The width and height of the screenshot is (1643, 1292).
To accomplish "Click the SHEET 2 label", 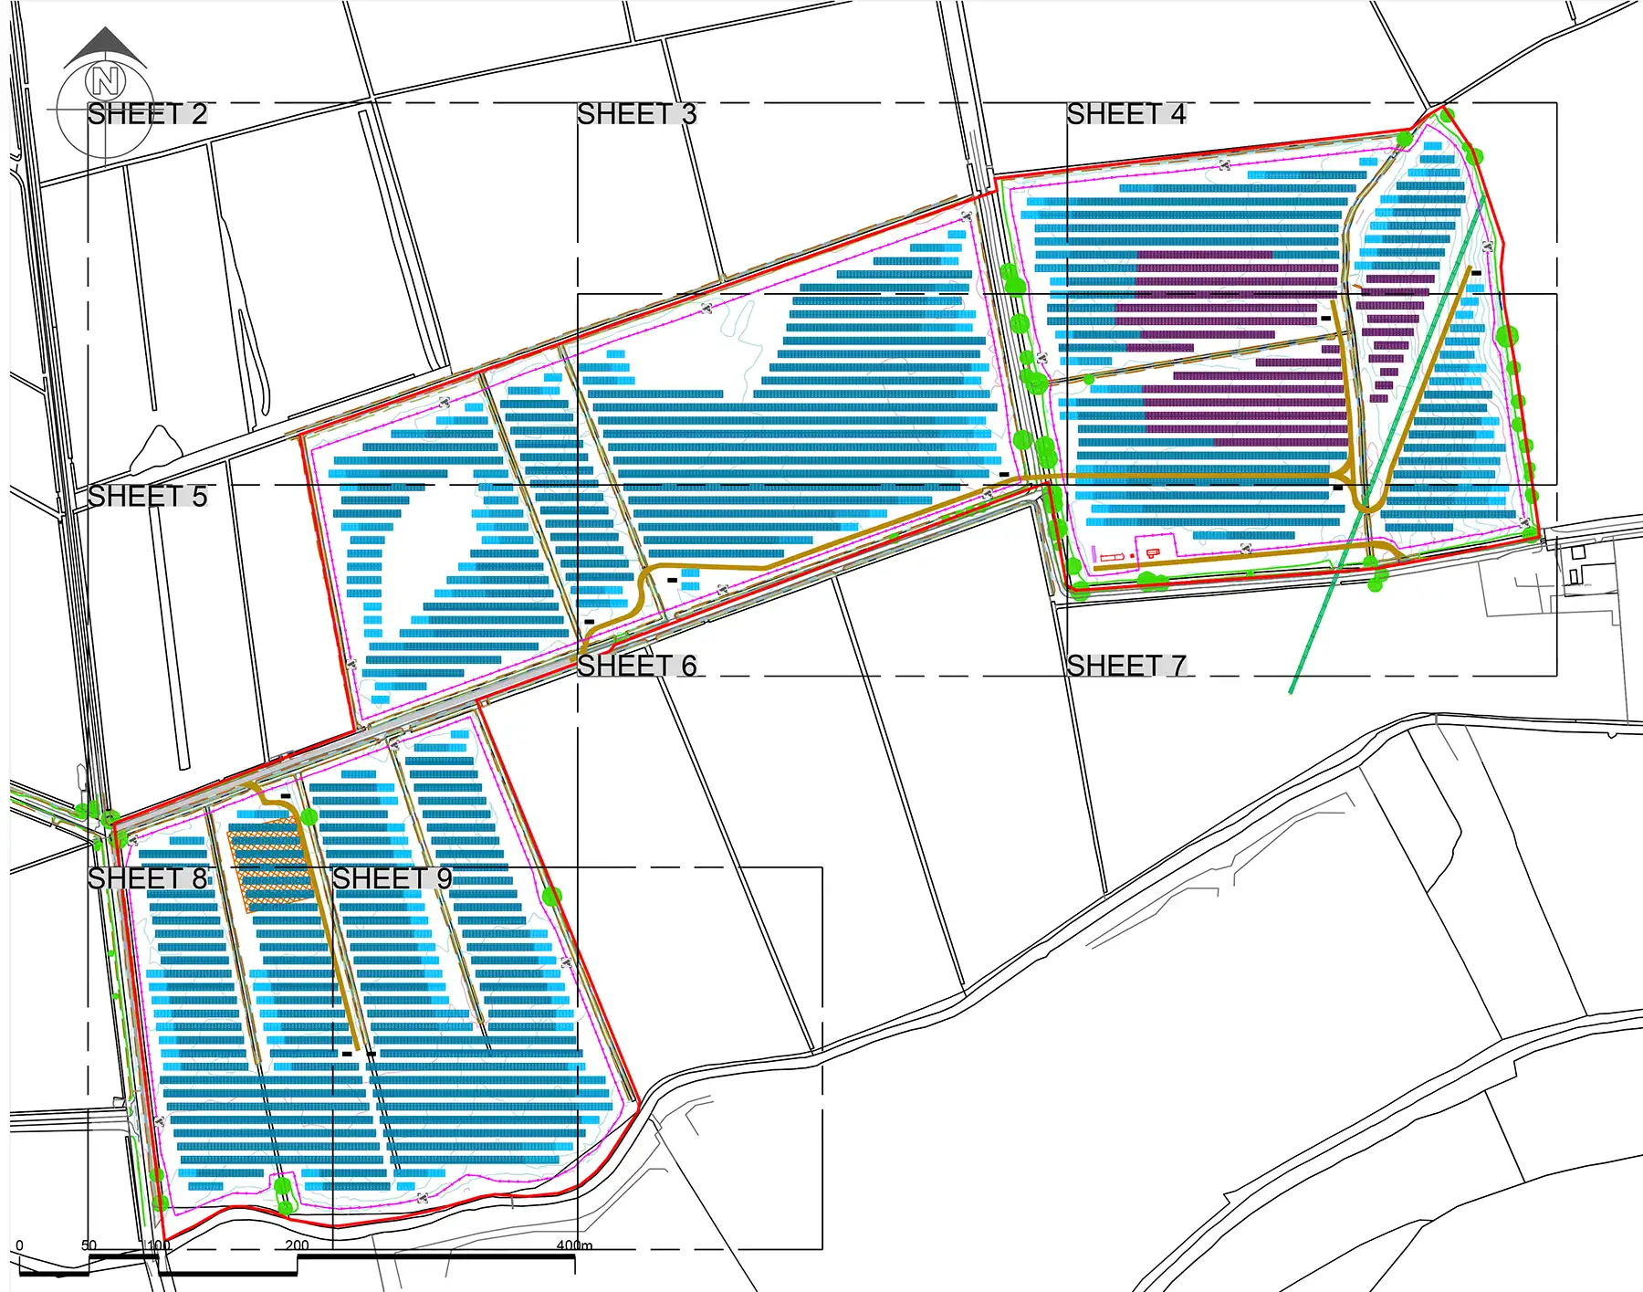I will point(147,114).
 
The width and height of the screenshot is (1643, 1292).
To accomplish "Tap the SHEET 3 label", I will point(636,114).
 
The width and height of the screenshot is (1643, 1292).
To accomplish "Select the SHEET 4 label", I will point(1125,114).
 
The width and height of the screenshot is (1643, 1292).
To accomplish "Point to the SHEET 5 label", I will point(147,497).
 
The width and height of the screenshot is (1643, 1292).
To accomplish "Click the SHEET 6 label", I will point(636,667).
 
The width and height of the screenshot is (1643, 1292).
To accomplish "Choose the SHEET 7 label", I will point(1125,667).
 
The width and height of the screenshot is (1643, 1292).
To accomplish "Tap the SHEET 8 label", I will point(147,878).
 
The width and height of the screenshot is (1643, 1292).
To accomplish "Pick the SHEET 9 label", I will point(392,878).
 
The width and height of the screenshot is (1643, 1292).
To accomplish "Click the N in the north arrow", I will point(105,82).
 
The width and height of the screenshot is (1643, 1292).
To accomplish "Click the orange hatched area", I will point(269,864).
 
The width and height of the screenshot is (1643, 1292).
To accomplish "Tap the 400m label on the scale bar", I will point(574,1245).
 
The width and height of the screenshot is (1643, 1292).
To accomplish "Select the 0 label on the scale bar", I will point(20,1245).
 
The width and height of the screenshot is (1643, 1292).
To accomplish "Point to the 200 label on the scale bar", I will point(297,1245).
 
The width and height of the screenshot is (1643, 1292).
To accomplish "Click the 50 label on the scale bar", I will point(89,1245).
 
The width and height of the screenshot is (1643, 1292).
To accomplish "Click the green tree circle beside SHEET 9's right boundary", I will point(551,896).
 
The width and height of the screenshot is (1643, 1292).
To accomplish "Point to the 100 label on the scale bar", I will point(159,1245).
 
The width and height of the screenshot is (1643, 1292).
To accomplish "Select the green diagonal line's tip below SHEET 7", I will point(1292,691).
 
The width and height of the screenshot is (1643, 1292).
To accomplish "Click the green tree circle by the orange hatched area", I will point(309,816).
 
